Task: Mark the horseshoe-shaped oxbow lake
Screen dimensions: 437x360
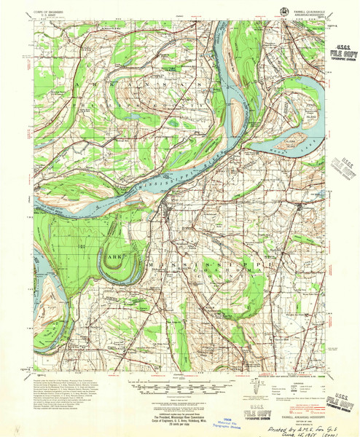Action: (109, 248)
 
